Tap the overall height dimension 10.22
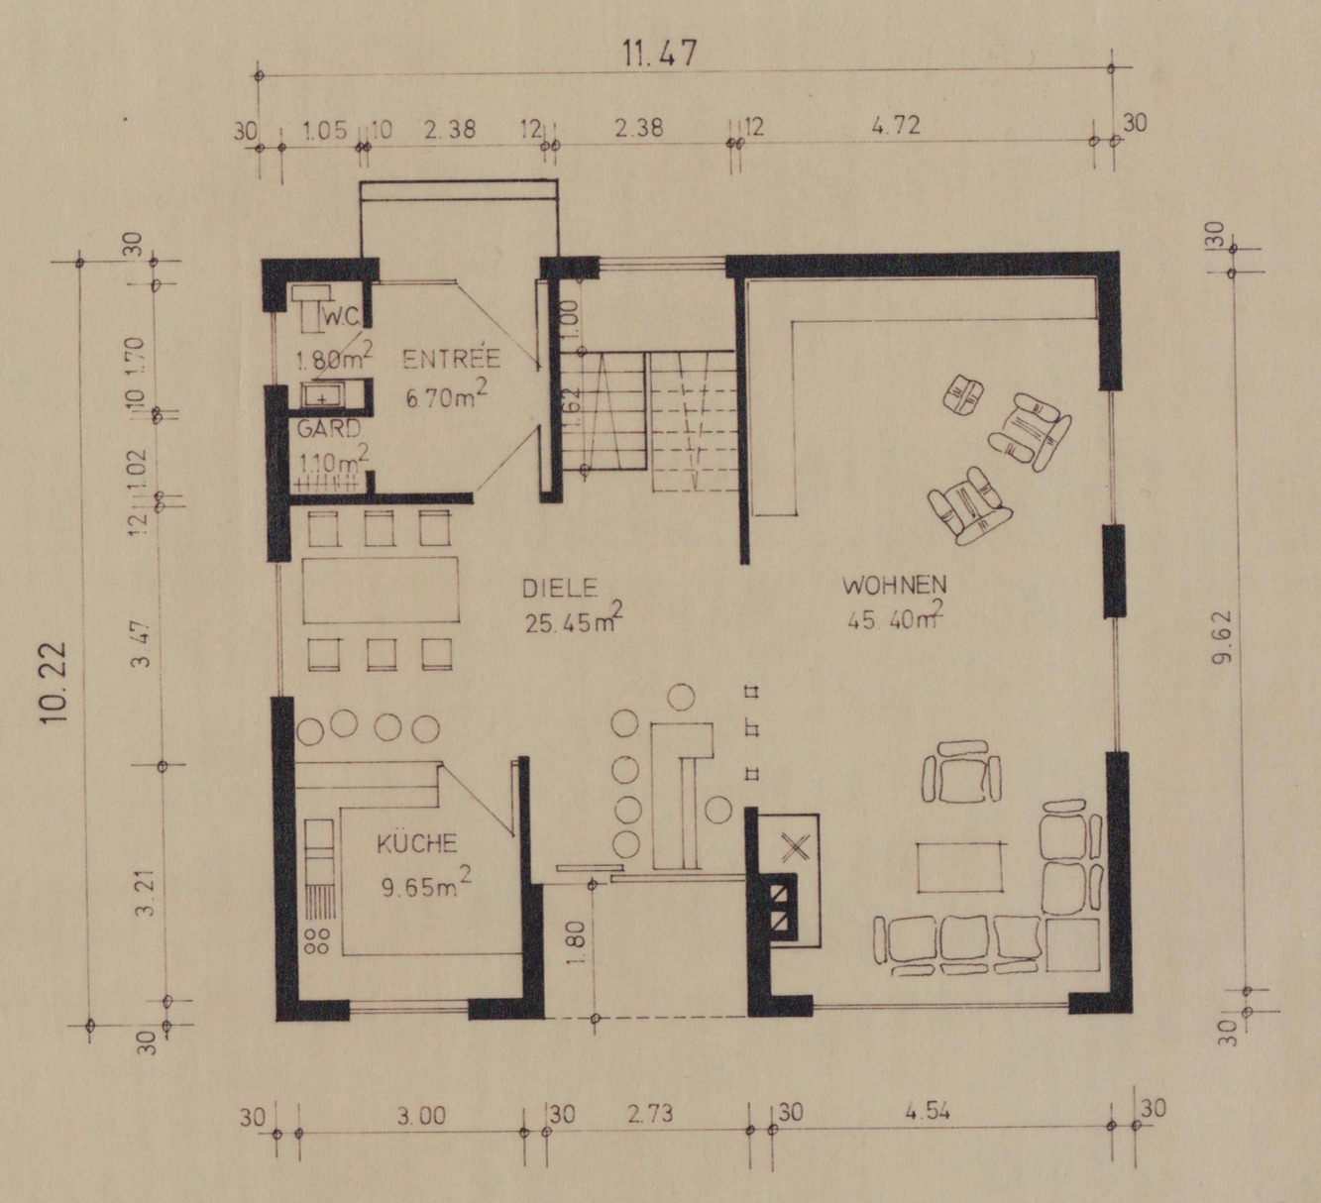coord(55,682)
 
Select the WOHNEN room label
coord(895,585)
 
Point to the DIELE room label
coord(559,588)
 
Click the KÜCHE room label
coord(417,843)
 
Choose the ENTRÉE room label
coord(451,358)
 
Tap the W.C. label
coord(341,318)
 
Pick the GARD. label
coord(329,429)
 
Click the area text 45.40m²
coord(895,616)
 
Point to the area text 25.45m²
coord(572,619)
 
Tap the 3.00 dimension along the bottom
coord(421,1116)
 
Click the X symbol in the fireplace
coord(794,847)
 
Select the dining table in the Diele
coord(381,590)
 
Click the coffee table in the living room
coord(960,867)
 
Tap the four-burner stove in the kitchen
coord(317,941)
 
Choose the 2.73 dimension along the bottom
coord(650,1113)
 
